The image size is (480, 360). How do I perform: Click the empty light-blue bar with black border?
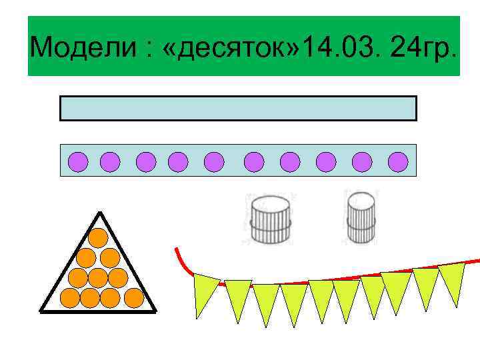[238, 108]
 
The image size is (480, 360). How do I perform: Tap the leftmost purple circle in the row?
[79, 161]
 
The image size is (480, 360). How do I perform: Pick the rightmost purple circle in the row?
[398, 161]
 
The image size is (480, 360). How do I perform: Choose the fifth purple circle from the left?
[214, 161]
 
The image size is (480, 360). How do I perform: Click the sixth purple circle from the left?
[254, 161]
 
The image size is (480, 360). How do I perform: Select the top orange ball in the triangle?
[99, 237]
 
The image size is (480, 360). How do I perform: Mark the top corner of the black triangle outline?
[99, 213]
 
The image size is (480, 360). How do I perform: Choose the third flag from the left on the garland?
[266, 302]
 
